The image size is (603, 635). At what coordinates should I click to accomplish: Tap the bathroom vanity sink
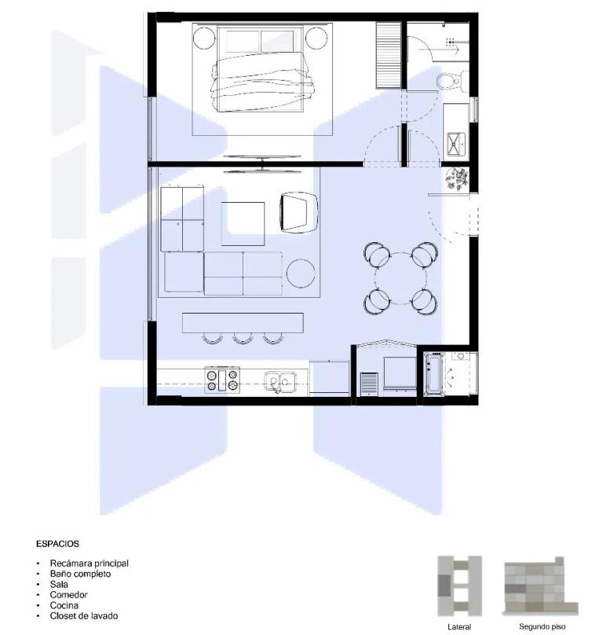[x=456, y=143]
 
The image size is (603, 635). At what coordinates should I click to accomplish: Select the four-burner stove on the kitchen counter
[x=221, y=380]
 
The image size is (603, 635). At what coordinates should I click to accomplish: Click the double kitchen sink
[x=280, y=381]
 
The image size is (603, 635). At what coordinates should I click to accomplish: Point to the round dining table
[x=400, y=279]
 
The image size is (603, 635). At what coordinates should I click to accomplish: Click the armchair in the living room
[x=299, y=212]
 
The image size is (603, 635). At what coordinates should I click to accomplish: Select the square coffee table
[x=243, y=223]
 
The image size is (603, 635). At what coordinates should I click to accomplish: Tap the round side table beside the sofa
[x=301, y=273]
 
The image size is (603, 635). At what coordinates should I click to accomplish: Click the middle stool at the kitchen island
[x=243, y=338]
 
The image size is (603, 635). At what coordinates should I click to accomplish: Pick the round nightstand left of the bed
[x=204, y=39]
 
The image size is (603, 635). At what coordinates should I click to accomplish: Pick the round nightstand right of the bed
[x=316, y=38]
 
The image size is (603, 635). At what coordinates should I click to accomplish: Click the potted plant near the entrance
[x=457, y=179]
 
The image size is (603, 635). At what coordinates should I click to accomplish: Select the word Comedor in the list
[x=69, y=594]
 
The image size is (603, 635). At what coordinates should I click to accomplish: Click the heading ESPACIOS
[x=57, y=544]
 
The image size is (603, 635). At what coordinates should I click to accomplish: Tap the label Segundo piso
[x=542, y=626]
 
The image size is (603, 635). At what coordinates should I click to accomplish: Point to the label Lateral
[x=459, y=626]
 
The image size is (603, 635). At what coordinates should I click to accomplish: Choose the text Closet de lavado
[x=84, y=616]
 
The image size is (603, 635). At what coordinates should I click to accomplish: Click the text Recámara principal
[x=89, y=563]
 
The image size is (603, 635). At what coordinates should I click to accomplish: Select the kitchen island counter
[x=243, y=322]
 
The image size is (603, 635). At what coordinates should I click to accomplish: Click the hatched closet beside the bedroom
[x=389, y=55]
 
